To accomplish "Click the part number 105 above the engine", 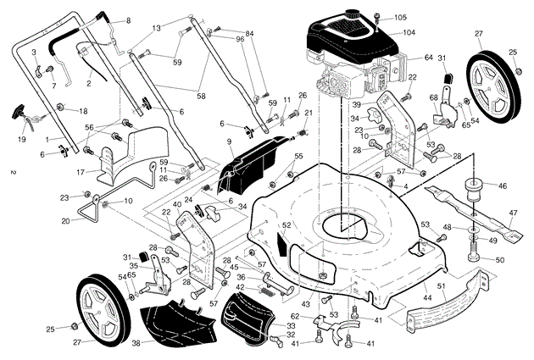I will [x=400, y=17].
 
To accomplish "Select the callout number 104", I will [x=409, y=32].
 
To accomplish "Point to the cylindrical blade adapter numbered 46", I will [x=473, y=187].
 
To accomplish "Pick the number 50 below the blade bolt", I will [x=499, y=259].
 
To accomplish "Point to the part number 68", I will [x=434, y=98].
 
